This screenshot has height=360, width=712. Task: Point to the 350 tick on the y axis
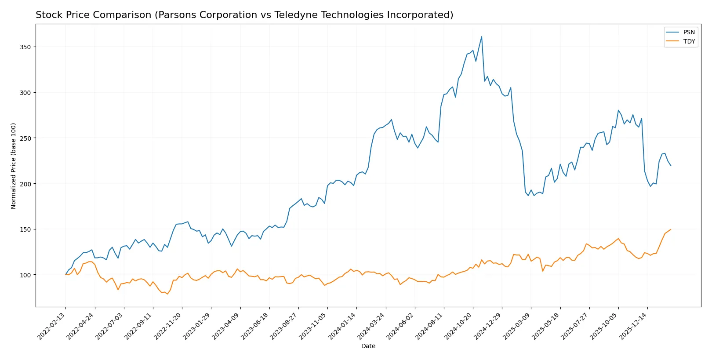click(25, 47)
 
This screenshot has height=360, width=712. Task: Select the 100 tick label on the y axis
click(25, 275)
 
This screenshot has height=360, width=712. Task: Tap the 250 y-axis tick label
click(25, 138)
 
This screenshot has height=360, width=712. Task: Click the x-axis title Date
click(368, 346)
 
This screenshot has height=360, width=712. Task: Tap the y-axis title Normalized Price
click(14, 166)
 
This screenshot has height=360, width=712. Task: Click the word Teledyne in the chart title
click(294, 15)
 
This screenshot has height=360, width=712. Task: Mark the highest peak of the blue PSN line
click(482, 36)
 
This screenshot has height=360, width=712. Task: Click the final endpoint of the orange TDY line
click(671, 229)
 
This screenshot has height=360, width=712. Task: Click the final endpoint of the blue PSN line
click(671, 166)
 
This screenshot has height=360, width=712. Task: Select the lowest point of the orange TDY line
click(167, 294)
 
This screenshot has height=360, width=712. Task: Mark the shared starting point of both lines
click(66, 275)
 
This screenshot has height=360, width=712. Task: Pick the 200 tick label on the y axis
click(25, 184)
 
